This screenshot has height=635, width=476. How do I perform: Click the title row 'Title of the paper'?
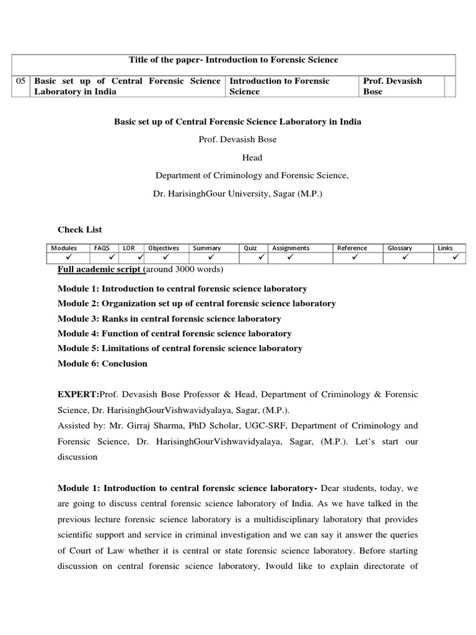tap(234, 60)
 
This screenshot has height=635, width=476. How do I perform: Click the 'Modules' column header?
tap(64, 248)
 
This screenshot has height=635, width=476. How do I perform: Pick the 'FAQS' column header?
tap(101, 248)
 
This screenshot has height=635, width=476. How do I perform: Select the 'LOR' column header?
tap(129, 248)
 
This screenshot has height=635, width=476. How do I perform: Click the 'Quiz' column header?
tap(250, 248)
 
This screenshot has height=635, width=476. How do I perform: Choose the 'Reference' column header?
tap(352, 248)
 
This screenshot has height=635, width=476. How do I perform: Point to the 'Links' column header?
tap(445, 248)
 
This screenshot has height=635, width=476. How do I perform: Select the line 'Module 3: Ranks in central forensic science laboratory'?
tap(169, 319)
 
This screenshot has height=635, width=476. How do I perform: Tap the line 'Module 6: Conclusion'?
tap(102, 363)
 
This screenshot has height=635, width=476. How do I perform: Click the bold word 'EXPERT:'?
tap(78, 394)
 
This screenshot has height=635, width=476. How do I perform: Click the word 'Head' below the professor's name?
tap(252, 158)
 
